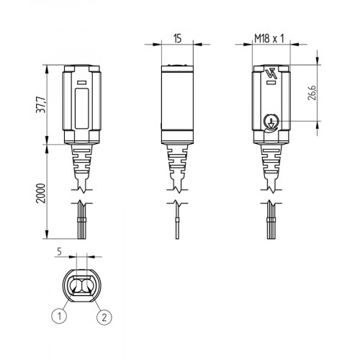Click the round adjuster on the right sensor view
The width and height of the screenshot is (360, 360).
click(x=271, y=122)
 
